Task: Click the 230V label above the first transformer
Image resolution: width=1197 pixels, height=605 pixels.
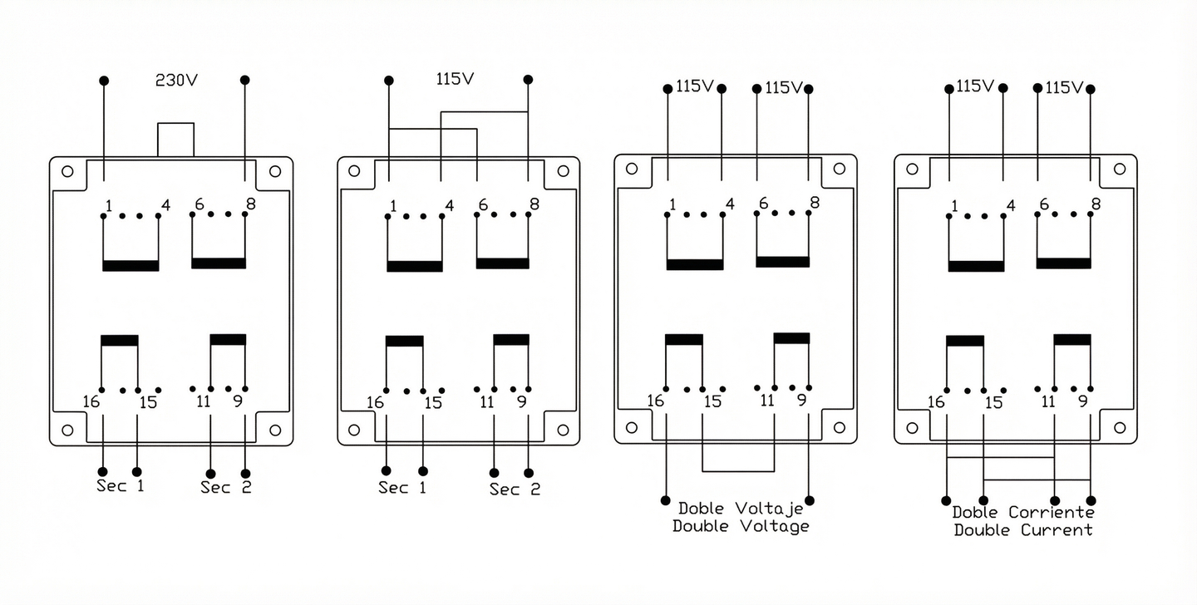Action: point(176,81)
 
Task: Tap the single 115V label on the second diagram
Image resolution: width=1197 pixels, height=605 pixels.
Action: point(455,80)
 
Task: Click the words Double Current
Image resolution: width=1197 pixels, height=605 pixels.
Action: point(1022,530)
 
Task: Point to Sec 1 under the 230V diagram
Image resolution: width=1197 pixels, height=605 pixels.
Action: point(121,485)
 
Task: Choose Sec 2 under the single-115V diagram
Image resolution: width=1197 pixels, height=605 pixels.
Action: point(515,489)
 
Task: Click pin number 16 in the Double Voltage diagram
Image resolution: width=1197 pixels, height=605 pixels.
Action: point(656,401)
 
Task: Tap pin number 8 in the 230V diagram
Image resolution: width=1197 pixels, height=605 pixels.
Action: point(250,204)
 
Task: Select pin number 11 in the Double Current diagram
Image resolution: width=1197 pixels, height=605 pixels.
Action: point(1048,401)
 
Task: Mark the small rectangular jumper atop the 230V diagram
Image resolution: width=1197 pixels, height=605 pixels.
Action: point(175,139)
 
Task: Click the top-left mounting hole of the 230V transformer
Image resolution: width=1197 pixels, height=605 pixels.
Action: point(67,172)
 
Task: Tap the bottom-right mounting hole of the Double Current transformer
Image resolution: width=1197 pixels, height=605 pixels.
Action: point(1120,427)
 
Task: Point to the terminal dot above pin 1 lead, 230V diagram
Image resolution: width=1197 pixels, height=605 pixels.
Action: point(104,81)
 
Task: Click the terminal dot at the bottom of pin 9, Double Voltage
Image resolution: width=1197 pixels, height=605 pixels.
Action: point(810,501)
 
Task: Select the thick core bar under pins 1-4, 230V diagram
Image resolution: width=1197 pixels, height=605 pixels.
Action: point(131,265)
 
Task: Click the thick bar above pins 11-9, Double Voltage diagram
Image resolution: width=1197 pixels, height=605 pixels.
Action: point(791,338)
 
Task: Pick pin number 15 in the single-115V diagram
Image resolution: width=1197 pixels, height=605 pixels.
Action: point(432,403)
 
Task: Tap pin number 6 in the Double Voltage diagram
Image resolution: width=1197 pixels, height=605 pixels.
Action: point(763,204)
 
